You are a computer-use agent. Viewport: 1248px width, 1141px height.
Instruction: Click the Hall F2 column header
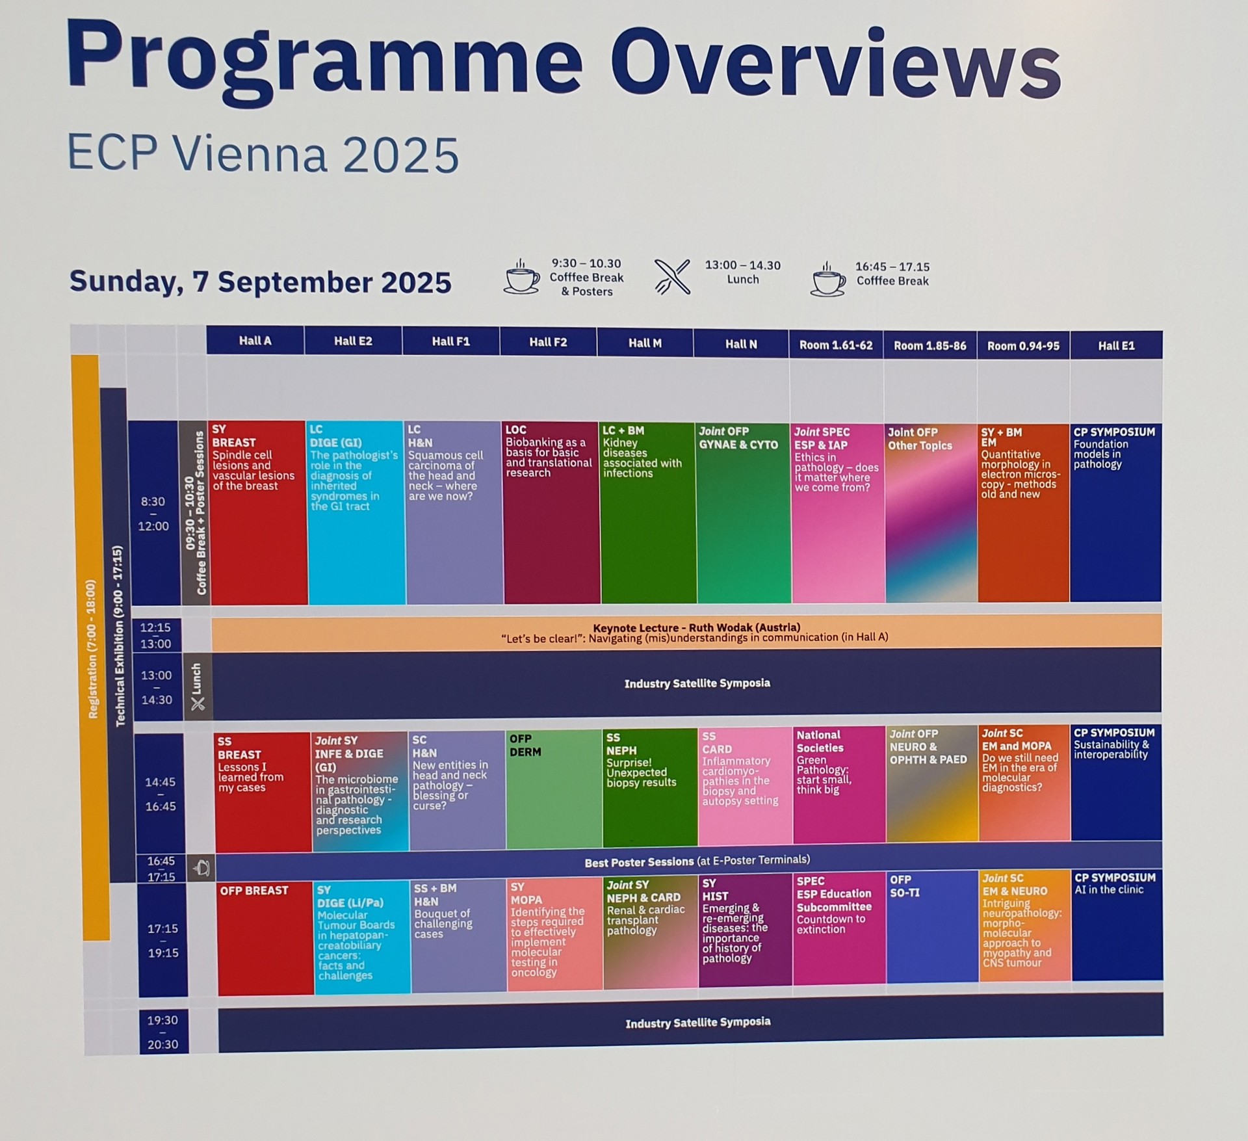point(548,342)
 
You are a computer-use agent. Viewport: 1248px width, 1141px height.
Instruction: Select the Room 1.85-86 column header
point(930,345)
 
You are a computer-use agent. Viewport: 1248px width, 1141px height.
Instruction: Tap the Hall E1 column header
point(1116,345)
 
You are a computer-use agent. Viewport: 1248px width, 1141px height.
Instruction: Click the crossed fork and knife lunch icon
point(672,277)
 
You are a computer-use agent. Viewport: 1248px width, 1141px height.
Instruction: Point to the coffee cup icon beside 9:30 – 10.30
point(522,277)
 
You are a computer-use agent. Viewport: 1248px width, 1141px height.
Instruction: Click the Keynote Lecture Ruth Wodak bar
point(686,633)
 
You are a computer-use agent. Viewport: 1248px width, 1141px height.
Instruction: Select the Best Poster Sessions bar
point(689,861)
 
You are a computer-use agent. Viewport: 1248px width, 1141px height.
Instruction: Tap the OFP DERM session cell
point(554,789)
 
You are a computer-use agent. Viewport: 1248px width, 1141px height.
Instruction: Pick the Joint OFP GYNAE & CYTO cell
point(744,512)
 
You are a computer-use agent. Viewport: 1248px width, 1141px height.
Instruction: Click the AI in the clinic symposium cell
point(1117,925)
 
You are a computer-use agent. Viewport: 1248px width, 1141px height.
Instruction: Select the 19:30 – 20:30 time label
point(162,1032)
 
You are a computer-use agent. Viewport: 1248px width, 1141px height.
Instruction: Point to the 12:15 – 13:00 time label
point(156,635)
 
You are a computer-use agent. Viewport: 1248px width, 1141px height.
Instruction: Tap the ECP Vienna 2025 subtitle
point(263,155)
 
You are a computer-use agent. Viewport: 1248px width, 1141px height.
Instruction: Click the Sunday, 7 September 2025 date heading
point(260,282)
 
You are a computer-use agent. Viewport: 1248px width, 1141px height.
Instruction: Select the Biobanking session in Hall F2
point(551,512)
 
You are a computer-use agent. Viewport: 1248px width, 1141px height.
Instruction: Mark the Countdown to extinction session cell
point(839,928)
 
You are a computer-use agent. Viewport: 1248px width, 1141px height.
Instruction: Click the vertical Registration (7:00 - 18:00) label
point(92,649)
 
